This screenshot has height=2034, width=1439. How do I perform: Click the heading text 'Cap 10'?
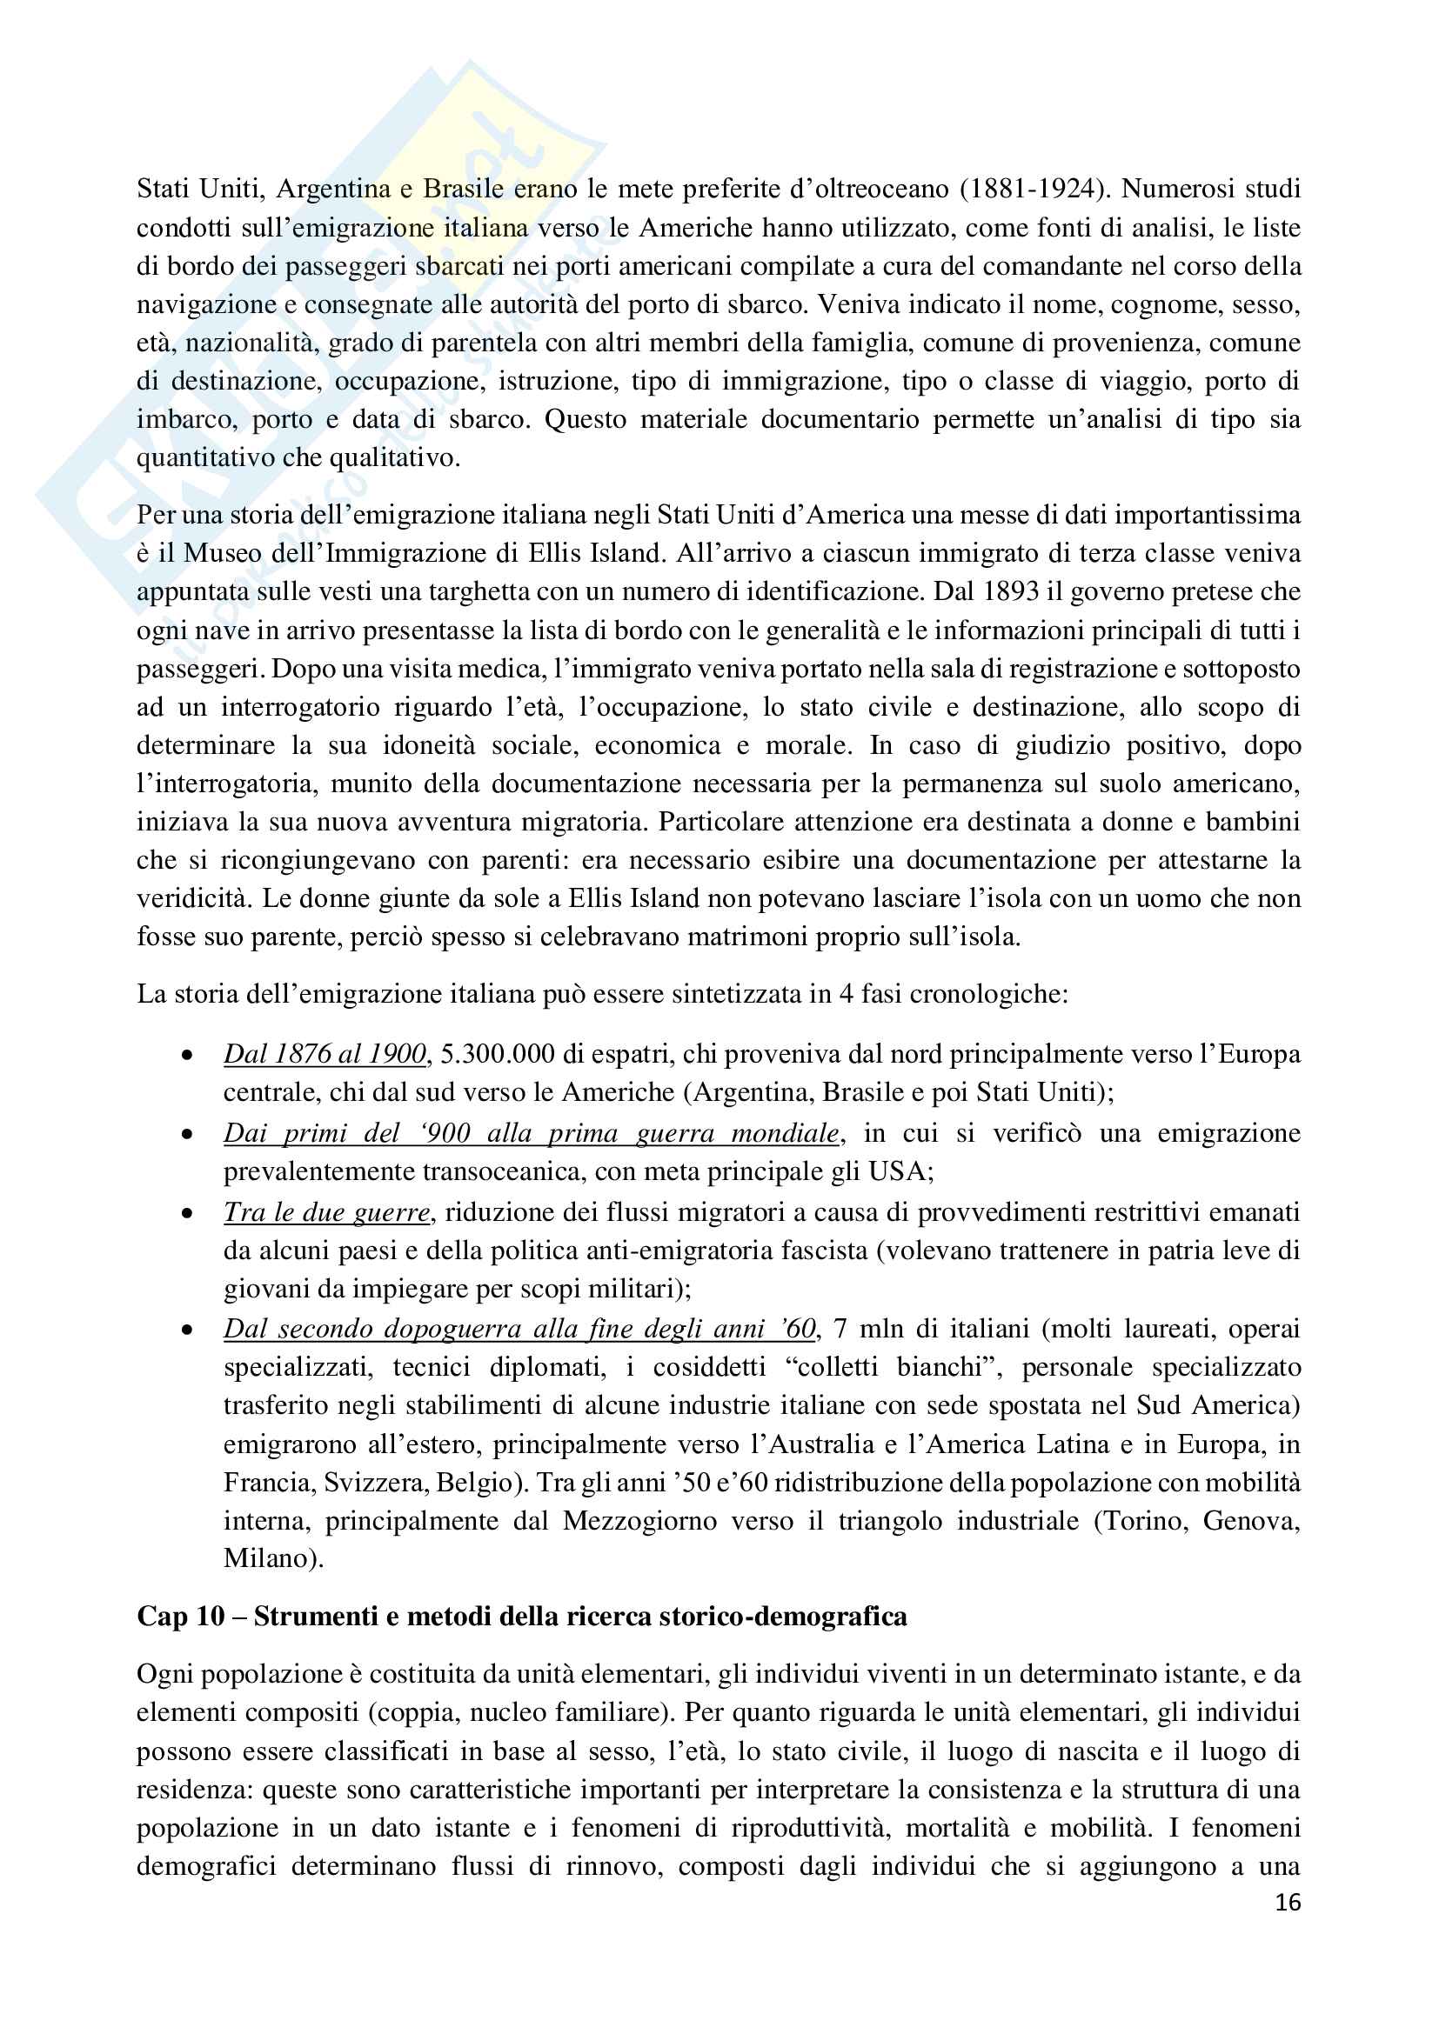point(180,1617)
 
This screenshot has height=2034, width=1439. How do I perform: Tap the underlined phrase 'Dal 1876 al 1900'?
point(325,1053)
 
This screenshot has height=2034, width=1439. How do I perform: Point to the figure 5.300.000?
point(496,1053)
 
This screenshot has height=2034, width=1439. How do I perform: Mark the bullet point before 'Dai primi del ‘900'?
point(187,1134)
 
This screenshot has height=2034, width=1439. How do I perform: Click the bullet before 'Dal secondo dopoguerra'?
point(187,1330)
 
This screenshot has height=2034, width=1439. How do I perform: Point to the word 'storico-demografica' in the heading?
point(780,1617)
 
